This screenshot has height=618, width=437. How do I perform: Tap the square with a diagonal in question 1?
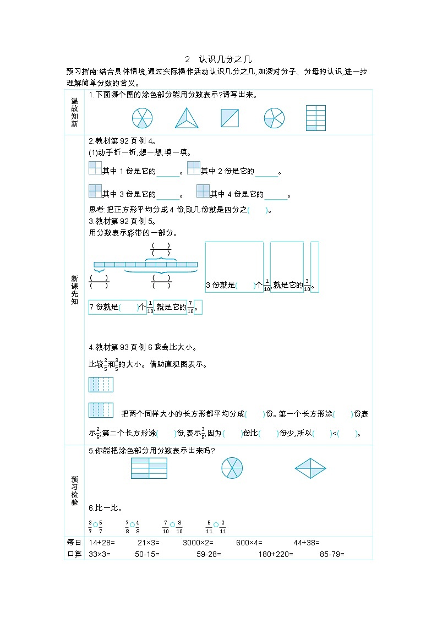pyautogui.click(x=230, y=118)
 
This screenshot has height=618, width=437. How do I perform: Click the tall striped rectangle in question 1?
pyautogui.click(x=315, y=118)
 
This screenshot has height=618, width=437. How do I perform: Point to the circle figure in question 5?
pyautogui.click(x=232, y=468)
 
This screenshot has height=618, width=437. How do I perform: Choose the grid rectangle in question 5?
pyautogui.click(x=149, y=468)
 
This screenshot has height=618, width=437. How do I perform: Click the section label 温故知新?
pyautogui.click(x=75, y=112)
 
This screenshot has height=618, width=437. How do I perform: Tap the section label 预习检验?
pyautogui.click(x=75, y=483)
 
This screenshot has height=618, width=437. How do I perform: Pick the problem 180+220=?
pyautogui.click(x=276, y=554)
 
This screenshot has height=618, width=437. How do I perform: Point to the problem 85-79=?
pyautogui.click(x=332, y=554)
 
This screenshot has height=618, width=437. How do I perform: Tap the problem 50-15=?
pyautogui.click(x=147, y=554)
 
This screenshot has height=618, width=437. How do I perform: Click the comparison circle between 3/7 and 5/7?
pyautogui.click(x=95, y=525)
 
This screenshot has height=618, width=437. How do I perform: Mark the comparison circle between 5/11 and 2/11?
pyautogui.click(x=216, y=525)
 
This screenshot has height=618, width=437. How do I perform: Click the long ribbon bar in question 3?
pyautogui.click(x=145, y=265)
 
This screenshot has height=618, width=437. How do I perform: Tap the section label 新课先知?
pyautogui.click(x=75, y=289)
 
